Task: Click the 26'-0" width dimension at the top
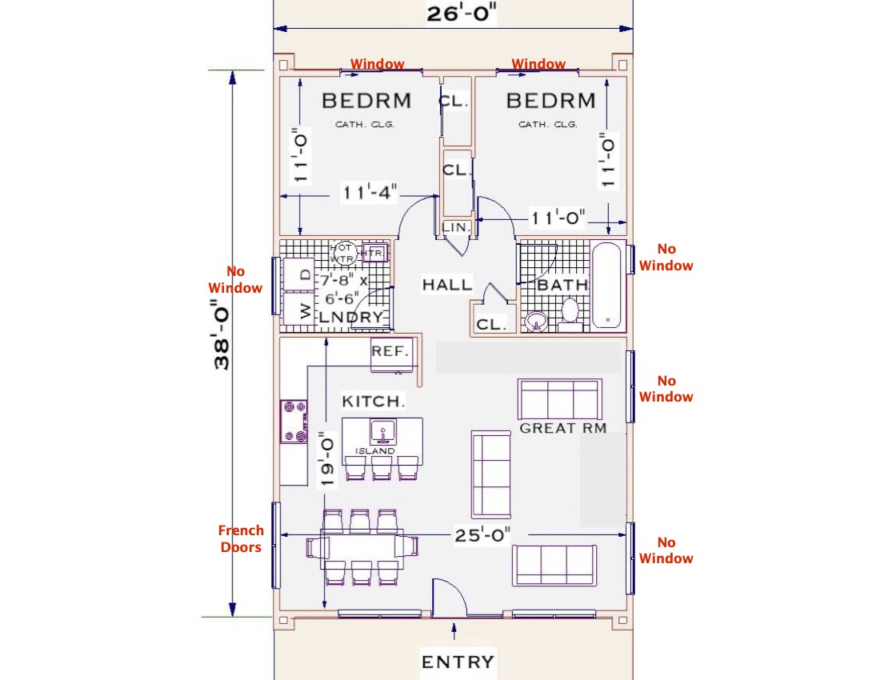[462, 14]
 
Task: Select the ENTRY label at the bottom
[458, 662]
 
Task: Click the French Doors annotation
[241, 538]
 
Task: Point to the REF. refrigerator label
[390, 352]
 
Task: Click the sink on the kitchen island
[383, 432]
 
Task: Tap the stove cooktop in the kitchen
[294, 422]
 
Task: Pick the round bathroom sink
[537, 322]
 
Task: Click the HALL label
[447, 285]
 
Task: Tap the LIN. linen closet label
[456, 227]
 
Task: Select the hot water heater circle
[342, 254]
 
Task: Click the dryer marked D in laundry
[298, 274]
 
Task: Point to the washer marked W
[298, 309]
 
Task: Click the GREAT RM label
[563, 429]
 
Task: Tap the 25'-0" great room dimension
[482, 535]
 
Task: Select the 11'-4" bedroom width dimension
[370, 193]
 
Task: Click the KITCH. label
[374, 402]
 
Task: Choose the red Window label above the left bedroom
[377, 64]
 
